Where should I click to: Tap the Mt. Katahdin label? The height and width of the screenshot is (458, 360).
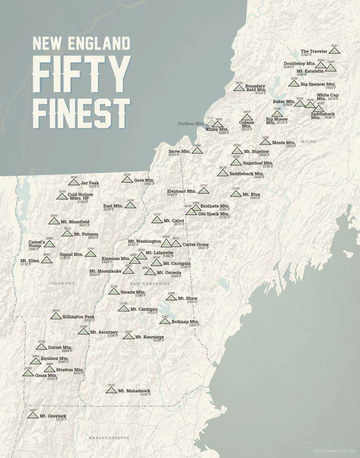pyautogui.click(x=310, y=71)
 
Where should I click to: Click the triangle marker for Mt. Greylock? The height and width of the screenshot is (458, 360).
pyautogui.click(x=33, y=415)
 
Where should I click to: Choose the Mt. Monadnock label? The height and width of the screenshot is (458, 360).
pyautogui.click(x=134, y=391)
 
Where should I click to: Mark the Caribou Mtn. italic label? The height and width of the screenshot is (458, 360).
pyautogui.click(x=190, y=124)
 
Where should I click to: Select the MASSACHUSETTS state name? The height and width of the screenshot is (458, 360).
pyautogui.click(x=109, y=438)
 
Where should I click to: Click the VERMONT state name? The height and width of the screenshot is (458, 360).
pyautogui.click(x=63, y=283)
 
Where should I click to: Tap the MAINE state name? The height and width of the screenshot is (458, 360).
pyautogui.click(x=308, y=141)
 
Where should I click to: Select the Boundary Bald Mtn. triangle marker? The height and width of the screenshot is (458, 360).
pyautogui.click(x=239, y=88)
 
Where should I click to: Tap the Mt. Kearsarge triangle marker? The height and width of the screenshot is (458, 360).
pyautogui.click(x=128, y=336)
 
